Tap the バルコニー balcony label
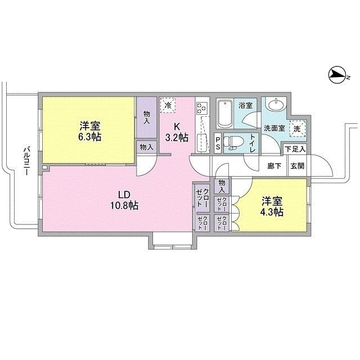pyautogui.click(x=25, y=160)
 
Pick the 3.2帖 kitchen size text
pyautogui.click(x=176, y=137)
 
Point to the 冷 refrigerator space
pyautogui.click(x=168, y=105)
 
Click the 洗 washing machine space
pyautogui.click(x=298, y=128)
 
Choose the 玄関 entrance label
pyautogui.click(x=296, y=166)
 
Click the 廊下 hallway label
pyautogui.click(x=274, y=166)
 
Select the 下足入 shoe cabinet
pyautogui.click(x=294, y=149)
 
